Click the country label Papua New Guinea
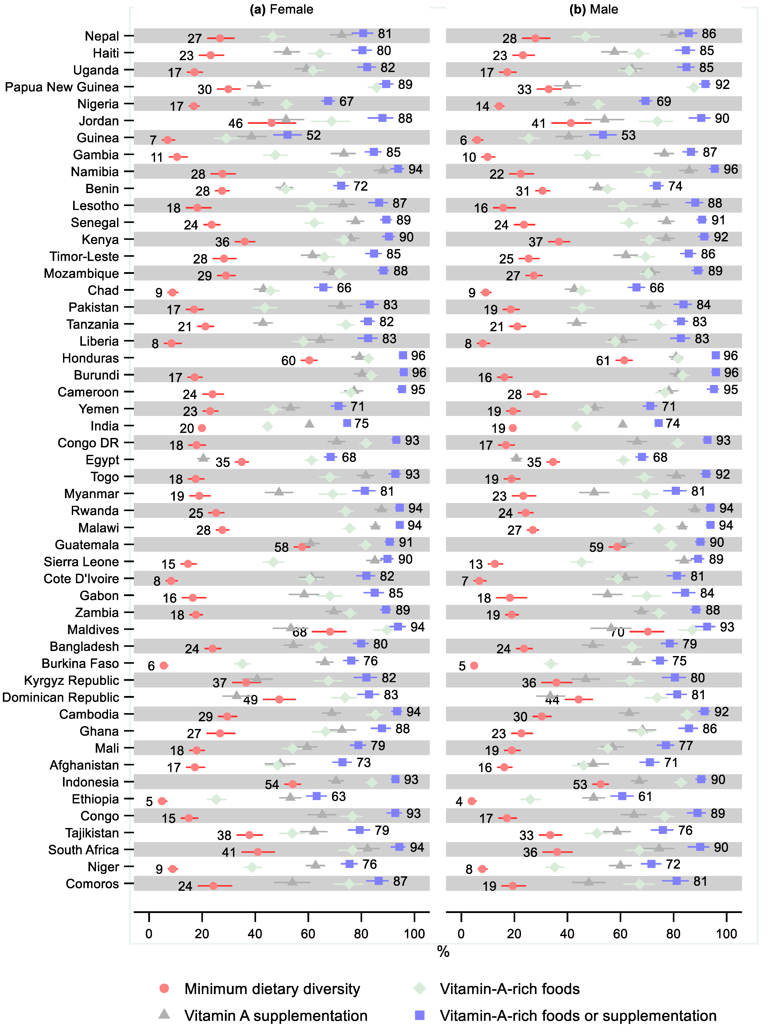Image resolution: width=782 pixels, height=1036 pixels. [x=62, y=87]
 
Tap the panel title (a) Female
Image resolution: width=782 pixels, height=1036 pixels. [x=282, y=9]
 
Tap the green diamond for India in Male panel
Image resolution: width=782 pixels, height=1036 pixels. [x=576, y=426]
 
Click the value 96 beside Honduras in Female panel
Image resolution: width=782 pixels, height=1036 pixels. [x=418, y=356]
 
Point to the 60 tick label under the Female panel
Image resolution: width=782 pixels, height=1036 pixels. [x=308, y=934]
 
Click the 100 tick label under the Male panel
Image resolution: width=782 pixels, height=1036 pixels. [x=726, y=934]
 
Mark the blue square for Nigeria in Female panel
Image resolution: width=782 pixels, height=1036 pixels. [x=328, y=101]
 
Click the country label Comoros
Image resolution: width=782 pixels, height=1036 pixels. [x=92, y=884]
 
